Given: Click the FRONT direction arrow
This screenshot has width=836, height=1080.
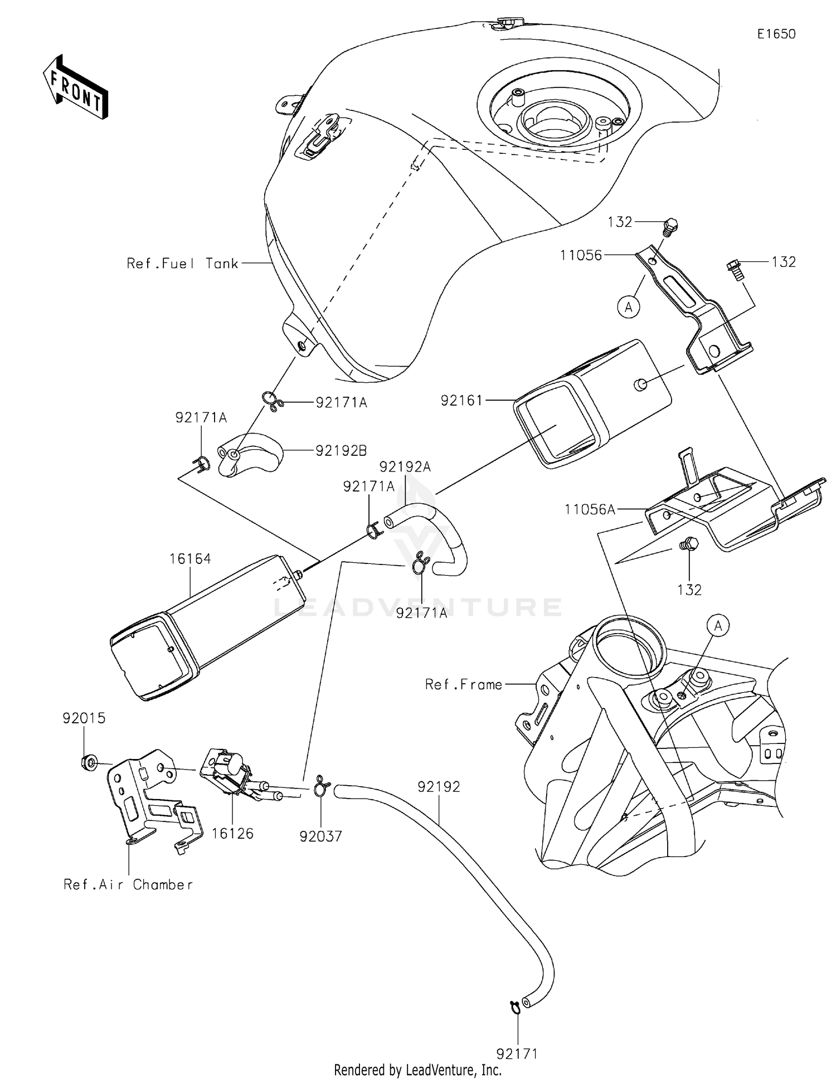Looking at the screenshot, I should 76,88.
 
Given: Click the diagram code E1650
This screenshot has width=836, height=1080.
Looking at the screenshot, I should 776,34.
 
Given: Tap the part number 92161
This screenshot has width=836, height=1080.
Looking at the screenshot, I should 461,400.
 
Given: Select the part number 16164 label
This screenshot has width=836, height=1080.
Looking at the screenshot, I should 190,559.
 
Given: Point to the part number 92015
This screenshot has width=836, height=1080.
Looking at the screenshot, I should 84,718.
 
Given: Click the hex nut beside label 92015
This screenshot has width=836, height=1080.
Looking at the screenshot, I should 89,762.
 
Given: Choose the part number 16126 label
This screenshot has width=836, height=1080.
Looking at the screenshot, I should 232,834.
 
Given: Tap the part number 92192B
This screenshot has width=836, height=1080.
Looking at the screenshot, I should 341,450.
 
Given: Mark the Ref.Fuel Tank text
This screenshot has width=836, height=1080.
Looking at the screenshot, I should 182,264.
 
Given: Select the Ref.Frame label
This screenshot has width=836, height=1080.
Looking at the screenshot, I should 464,684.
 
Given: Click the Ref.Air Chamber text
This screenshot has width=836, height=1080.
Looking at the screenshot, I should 128,884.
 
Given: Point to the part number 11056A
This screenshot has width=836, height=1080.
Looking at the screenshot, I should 590,509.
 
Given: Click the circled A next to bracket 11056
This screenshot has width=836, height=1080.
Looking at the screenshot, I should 629,307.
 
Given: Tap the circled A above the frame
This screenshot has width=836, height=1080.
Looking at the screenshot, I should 718,626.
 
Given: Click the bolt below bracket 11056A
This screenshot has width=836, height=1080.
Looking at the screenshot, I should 689,543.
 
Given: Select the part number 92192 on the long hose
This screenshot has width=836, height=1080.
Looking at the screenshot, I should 439,787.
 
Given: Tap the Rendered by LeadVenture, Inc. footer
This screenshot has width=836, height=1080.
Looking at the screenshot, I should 417,1069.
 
